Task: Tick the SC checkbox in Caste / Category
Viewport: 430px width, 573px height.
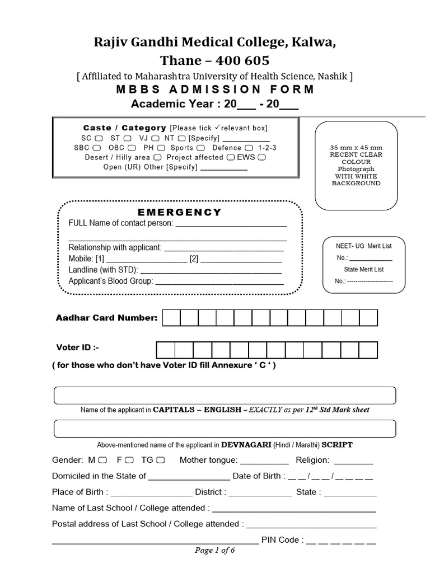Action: pyautogui.click(x=99, y=138)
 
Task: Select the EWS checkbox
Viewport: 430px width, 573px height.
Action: pyautogui.click(x=261, y=157)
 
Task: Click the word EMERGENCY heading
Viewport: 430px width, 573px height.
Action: pyautogui.click(x=180, y=212)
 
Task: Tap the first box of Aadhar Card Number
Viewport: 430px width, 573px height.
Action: pyautogui.click(x=172, y=318)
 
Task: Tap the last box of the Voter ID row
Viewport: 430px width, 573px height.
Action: pyautogui.click(x=368, y=350)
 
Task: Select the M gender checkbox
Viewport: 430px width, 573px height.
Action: pyautogui.click(x=102, y=461)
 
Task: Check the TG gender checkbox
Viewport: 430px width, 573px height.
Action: pyautogui.click(x=160, y=461)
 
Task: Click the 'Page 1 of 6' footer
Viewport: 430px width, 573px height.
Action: pyautogui.click(x=214, y=550)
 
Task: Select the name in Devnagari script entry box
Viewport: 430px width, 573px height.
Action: pyautogui.click(x=225, y=428)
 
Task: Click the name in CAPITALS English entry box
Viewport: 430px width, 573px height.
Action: pyautogui.click(x=225, y=394)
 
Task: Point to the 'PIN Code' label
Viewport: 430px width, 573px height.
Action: pyautogui.click(x=283, y=540)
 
